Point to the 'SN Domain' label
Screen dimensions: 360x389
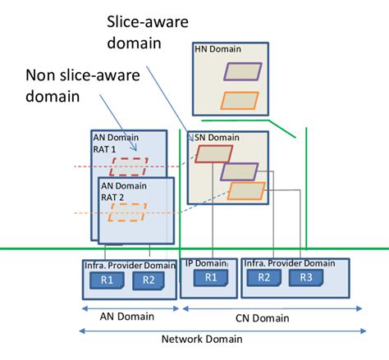(210, 137)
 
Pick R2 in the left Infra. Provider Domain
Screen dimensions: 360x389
(149, 280)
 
